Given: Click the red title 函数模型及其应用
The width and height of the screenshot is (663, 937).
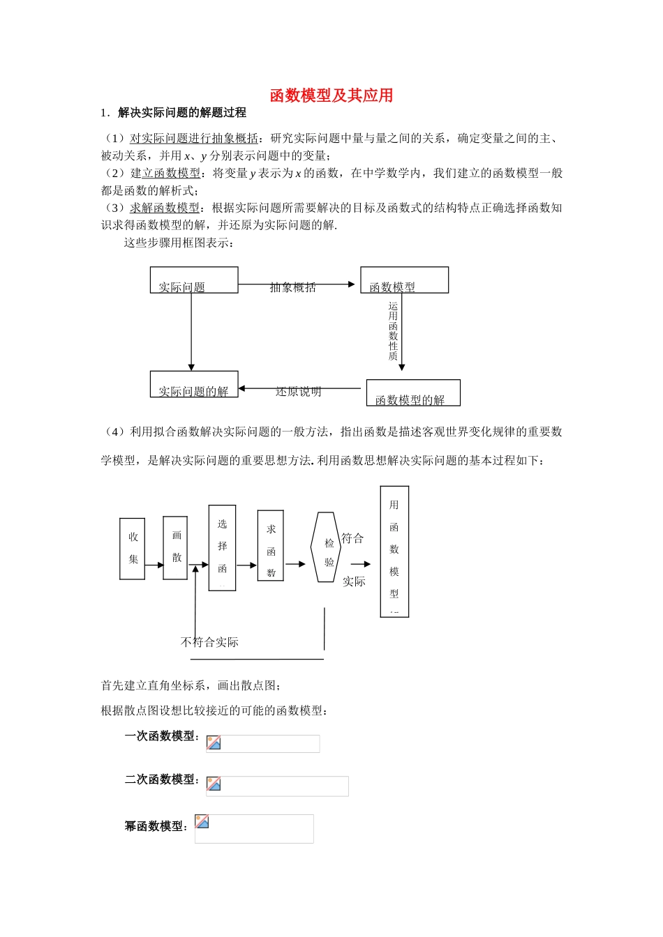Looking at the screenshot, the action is click(331, 96).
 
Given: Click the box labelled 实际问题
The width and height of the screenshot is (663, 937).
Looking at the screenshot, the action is click(194, 280).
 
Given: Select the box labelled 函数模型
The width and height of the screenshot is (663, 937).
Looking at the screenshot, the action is click(404, 280).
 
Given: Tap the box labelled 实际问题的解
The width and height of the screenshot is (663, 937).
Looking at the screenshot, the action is click(194, 385).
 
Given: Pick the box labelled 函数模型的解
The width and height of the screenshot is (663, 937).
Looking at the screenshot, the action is click(413, 393).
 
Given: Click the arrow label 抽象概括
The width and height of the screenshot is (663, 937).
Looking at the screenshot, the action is click(293, 287).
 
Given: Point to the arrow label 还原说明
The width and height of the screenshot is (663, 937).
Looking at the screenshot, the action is click(299, 392).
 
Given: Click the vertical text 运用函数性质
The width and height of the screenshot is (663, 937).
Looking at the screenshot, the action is click(393, 331).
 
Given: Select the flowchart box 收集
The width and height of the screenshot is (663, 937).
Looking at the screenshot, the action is click(133, 549).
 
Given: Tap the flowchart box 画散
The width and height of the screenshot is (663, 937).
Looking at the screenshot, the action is click(175, 548).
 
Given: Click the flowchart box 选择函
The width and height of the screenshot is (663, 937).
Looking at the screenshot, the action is click(222, 548).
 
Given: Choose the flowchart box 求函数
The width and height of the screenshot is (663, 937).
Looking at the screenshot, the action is click(271, 546).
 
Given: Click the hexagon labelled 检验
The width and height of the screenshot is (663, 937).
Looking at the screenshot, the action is click(326, 547).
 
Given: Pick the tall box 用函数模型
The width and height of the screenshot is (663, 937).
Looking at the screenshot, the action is click(394, 551).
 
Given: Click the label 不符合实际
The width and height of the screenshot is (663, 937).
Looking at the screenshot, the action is click(209, 642).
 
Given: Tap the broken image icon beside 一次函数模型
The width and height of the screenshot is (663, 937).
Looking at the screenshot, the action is click(214, 743).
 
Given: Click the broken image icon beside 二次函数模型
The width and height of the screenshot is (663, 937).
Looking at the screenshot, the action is click(214, 784).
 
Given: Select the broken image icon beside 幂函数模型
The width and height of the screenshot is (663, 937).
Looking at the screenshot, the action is click(202, 822).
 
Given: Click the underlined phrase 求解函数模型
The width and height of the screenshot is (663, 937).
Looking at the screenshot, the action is click(165, 208).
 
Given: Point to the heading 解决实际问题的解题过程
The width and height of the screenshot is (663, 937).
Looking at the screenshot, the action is click(181, 113).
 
